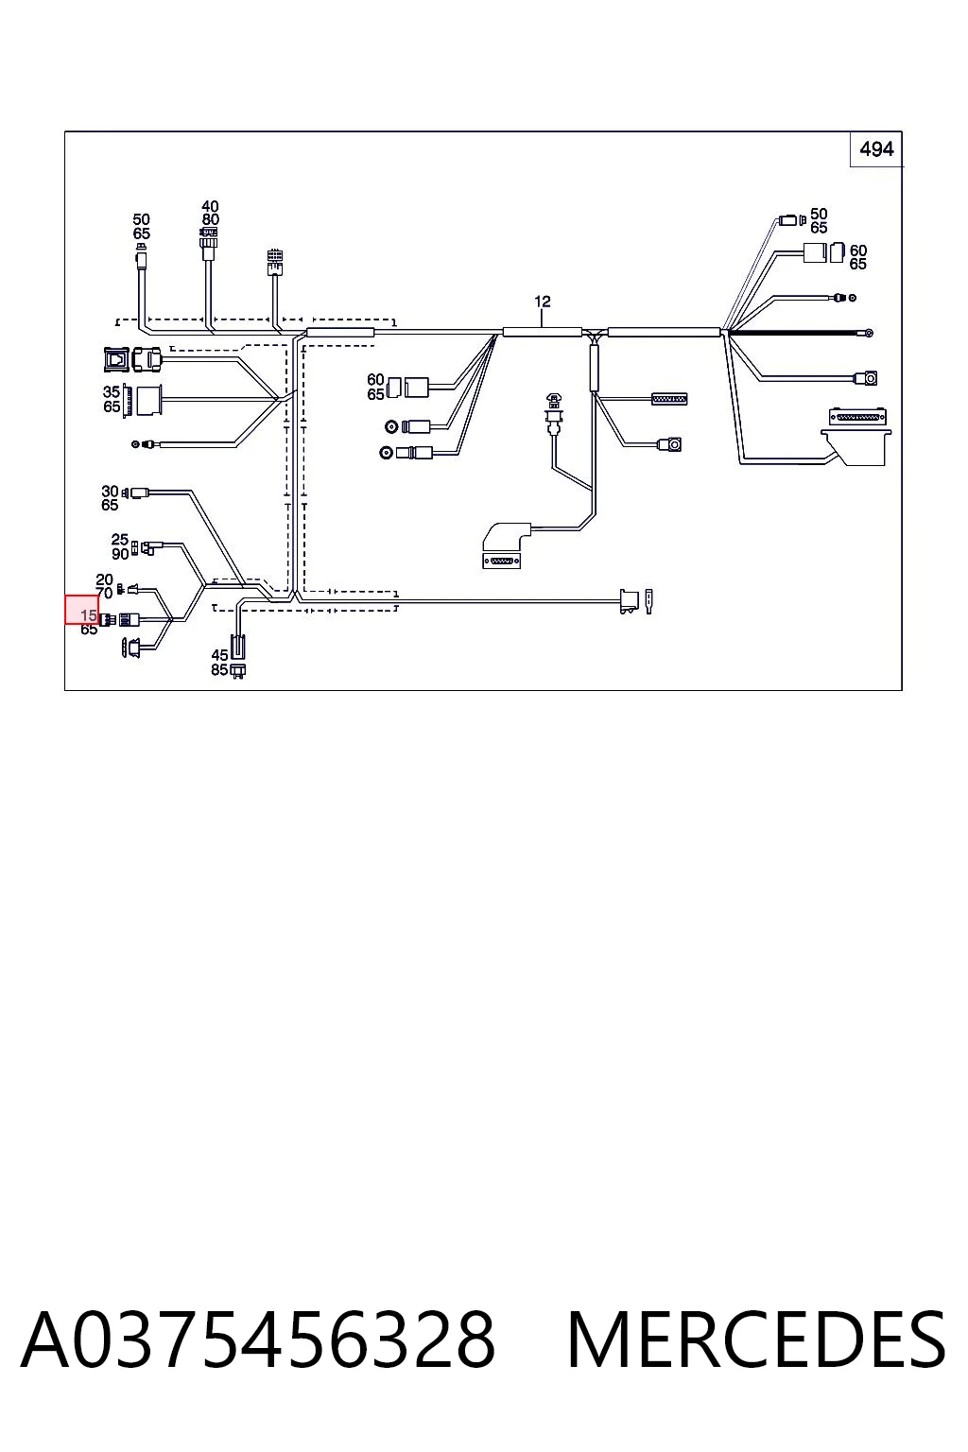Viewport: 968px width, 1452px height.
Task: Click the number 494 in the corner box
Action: point(876,149)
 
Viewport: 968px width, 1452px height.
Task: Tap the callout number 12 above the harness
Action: point(542,302)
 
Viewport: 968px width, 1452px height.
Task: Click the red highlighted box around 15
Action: point(81,610)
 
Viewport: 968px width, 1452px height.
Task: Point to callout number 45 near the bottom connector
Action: point(220,655)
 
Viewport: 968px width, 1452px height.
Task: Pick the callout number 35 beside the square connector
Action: point(112,392)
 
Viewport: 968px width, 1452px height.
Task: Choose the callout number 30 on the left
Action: point(111,492)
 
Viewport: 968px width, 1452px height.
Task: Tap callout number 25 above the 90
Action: point(119,540)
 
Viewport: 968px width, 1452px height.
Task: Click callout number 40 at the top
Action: point(210,207)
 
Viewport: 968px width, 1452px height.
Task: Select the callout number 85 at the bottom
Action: point(220,669)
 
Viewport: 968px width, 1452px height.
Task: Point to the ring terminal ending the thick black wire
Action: point(869,333)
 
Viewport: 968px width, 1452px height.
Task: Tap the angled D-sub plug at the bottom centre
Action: point(506,545)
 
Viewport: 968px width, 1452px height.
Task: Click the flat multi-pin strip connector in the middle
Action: point(669,399)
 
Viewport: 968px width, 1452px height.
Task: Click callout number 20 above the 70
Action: point(104,579)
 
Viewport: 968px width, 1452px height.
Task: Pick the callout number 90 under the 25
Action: point(120,554)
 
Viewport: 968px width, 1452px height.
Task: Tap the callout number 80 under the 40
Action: point(210,219)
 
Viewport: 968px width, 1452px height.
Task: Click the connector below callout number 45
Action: point(238,671)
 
